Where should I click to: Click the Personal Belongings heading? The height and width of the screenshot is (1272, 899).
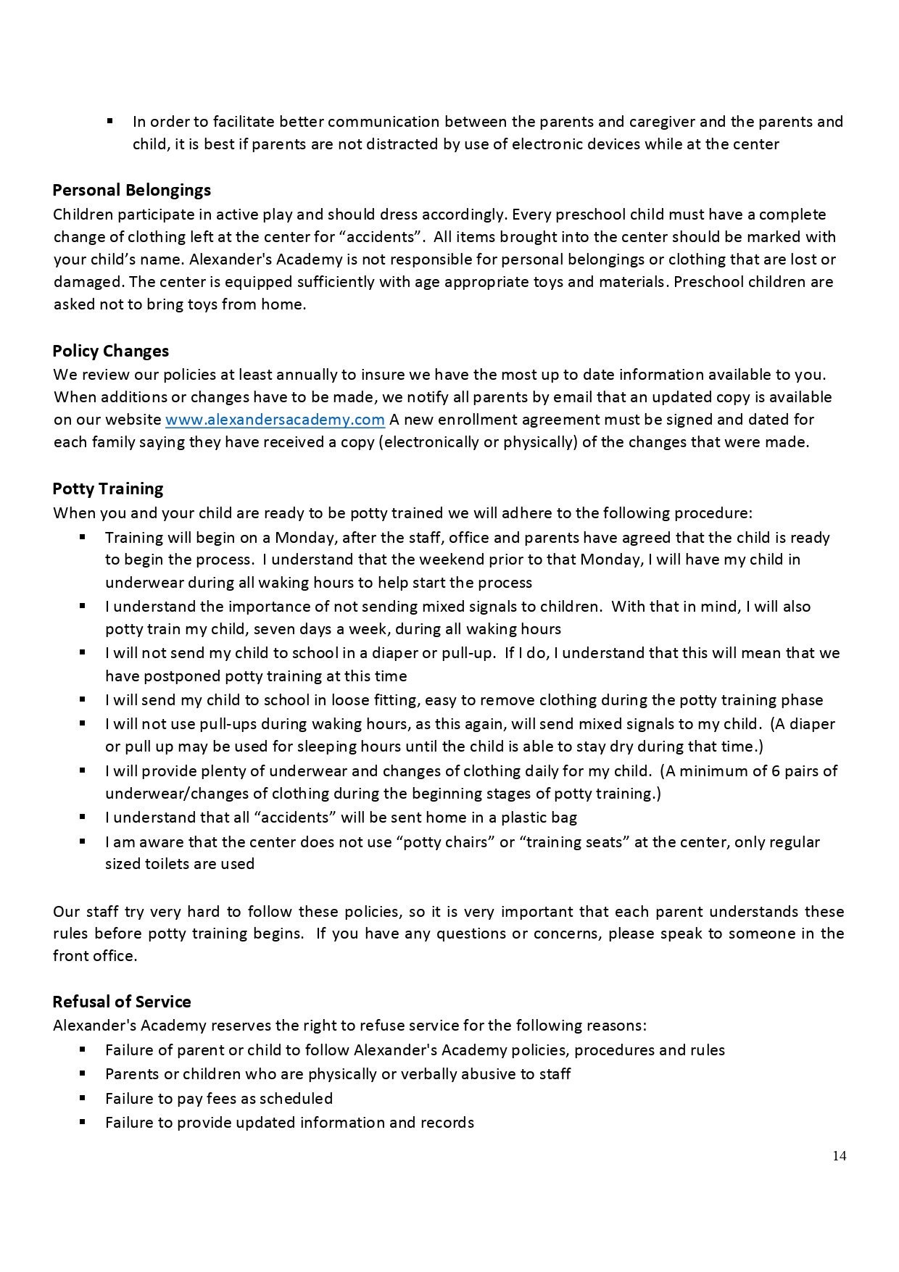[x=131, y=190]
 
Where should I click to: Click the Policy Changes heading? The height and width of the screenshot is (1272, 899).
[x=110, y=351]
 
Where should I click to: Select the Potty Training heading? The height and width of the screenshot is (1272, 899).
[x=107, y=489]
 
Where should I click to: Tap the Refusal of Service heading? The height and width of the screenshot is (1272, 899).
[x=121, y=1002]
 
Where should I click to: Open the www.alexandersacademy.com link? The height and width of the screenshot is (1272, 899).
[x=275, y=420]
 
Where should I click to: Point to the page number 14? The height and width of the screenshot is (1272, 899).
[x=839, y=1156]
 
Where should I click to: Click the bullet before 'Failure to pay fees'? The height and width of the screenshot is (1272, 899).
[x=83, y=1097]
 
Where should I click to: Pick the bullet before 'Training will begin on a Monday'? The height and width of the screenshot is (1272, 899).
[x=83, y=537]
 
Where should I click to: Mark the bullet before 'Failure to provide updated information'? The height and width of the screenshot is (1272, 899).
[x=83, y=1121]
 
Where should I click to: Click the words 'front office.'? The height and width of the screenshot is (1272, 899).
[x=95, y=956]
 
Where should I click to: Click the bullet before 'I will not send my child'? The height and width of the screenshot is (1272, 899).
[x=83, y=652]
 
